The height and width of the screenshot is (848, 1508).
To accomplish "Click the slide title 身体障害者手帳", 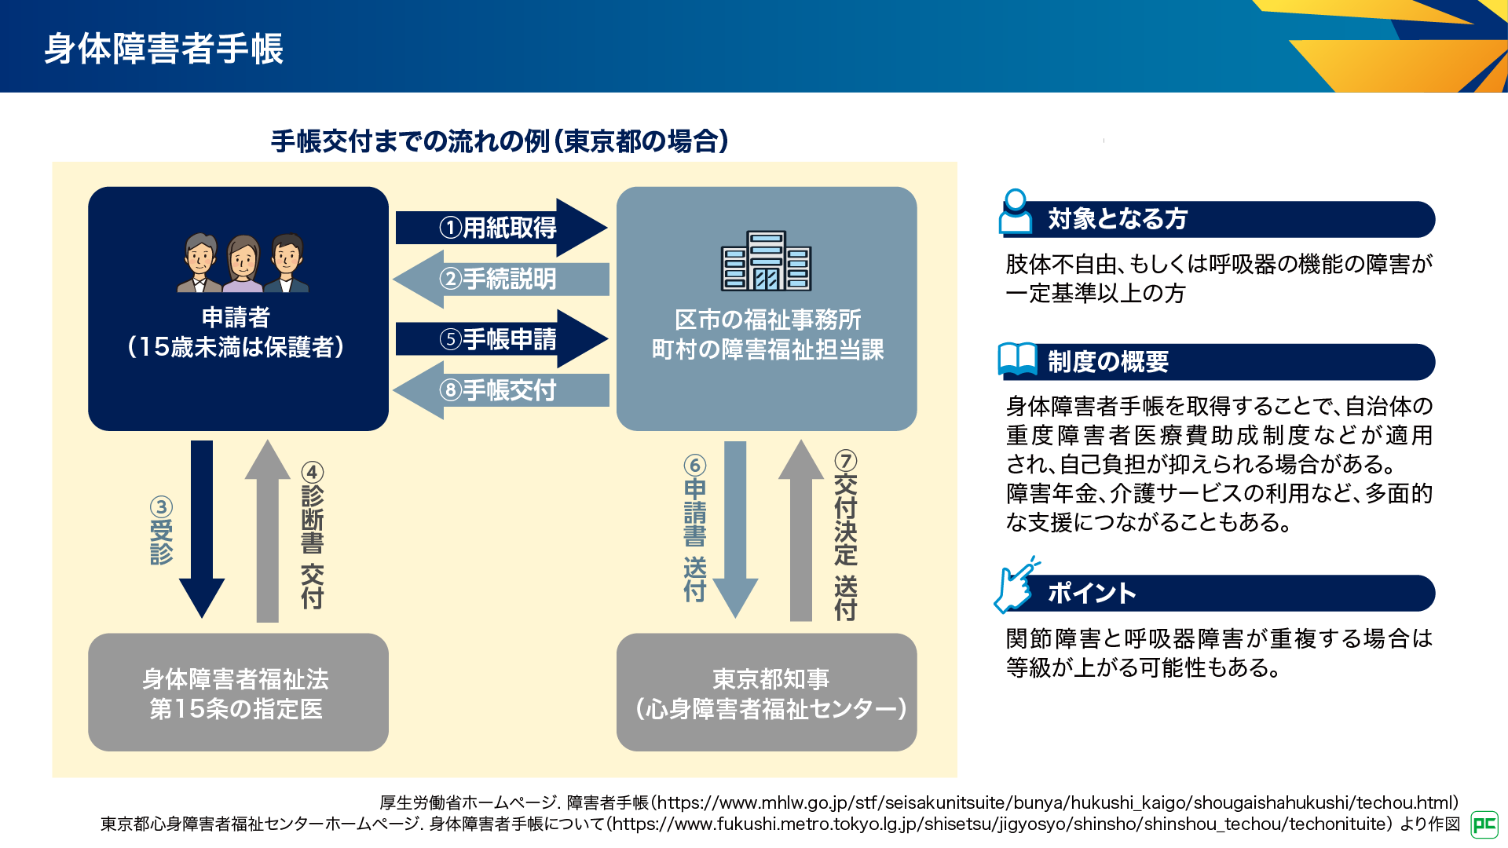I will [163, 49].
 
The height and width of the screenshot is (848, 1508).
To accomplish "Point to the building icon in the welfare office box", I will [766, 261].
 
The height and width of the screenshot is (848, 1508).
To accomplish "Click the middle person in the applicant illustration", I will [243, 263].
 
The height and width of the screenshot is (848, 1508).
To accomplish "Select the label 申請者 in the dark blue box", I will [236, 317].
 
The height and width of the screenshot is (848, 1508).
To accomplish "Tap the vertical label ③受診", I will [161, 531].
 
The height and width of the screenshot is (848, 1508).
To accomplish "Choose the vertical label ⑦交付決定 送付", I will [845, 535].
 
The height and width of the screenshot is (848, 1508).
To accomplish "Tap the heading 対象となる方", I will [1117, 219].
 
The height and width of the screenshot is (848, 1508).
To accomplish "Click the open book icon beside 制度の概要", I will [1017, 360].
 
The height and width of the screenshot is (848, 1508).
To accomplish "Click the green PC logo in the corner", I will [1484, 824].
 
